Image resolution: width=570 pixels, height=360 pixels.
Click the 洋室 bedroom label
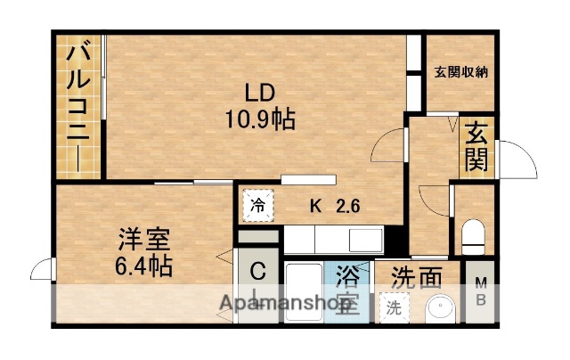click(x=144, y=240)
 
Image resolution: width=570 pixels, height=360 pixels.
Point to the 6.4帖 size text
click(x=143, y=265)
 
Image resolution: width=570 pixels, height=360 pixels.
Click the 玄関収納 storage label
click(x=460, y=74)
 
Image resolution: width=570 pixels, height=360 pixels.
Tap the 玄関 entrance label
click(x=476, y=146)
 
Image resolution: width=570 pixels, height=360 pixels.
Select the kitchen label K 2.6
click(x=335, y=207)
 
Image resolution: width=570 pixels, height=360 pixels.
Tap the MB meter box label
click(x=480, y=290)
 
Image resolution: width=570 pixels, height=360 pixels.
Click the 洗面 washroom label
click(x=417, y=278)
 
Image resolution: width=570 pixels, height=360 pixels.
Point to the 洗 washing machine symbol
click(x=392, y=307)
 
